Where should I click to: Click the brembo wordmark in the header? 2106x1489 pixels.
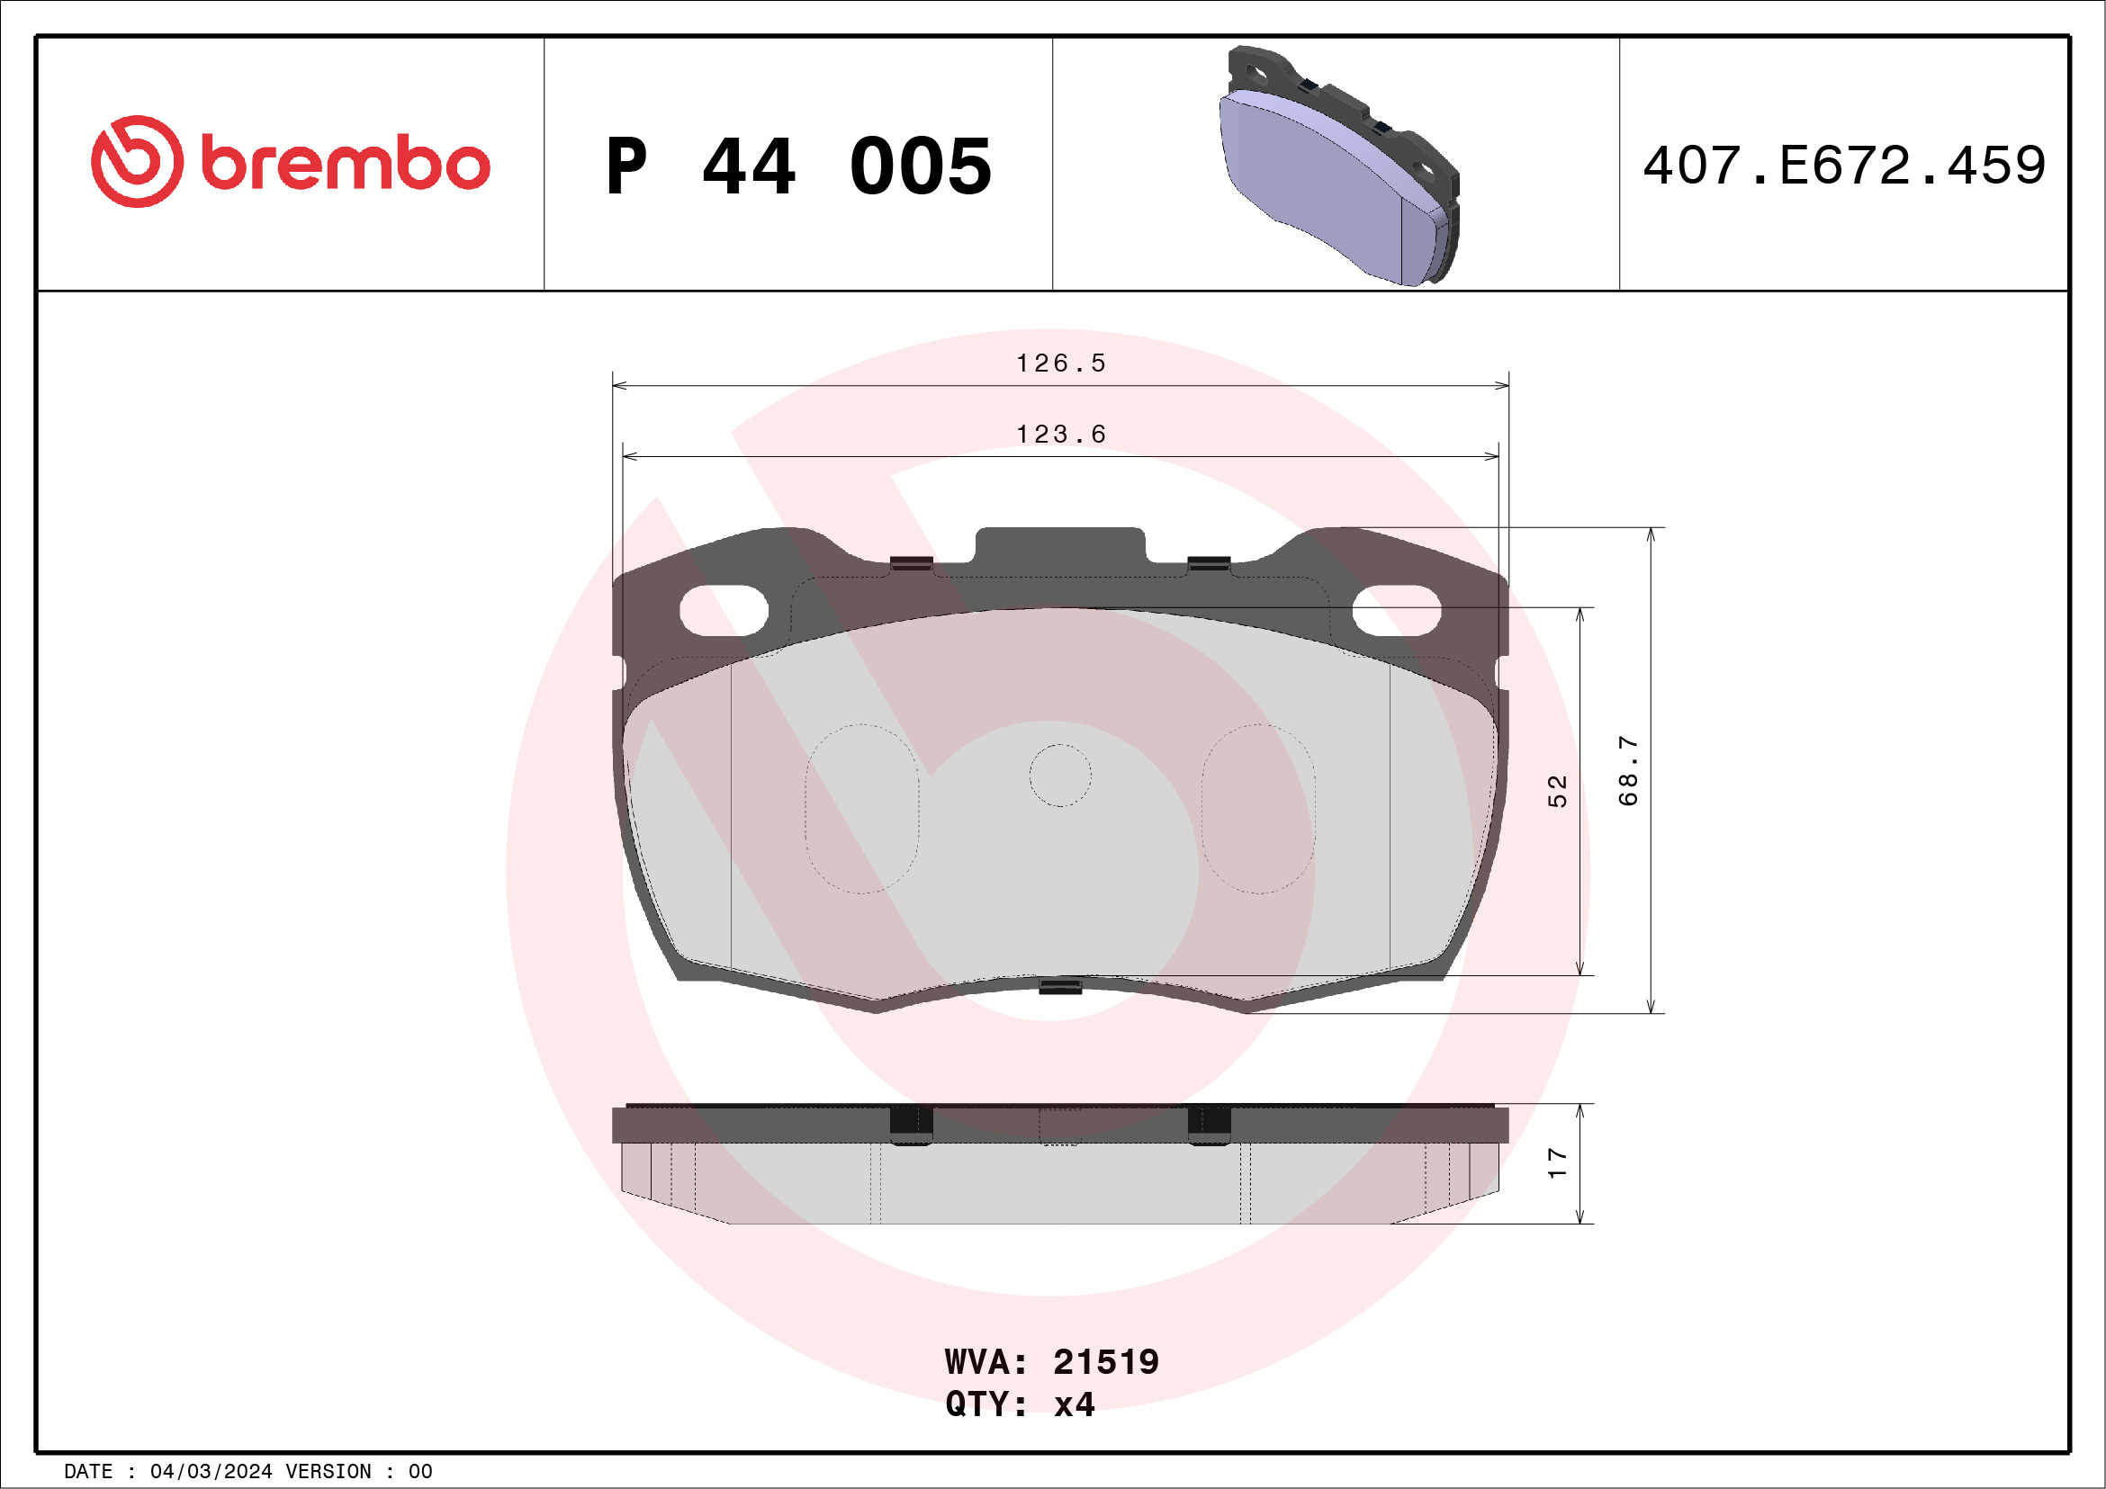[345, 163]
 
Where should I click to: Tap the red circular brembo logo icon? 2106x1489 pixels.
[137, 161]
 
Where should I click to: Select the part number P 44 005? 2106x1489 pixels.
[798, 166]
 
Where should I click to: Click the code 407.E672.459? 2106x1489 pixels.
[1844, 166]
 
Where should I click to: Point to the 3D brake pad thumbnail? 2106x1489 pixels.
[1338, 166]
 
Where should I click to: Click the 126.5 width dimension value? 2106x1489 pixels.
[1060, 364]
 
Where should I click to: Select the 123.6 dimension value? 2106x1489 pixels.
[1060, 435]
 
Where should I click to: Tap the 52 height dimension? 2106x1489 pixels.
[1557, 790]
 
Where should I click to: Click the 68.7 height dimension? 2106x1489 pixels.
[1627, 770]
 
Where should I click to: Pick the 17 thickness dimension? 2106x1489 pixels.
[1557, 1162]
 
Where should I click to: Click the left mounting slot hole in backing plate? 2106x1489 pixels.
[723, 611]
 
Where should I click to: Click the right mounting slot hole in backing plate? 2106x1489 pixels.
[1396, 611]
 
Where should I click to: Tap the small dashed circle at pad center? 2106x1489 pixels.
[1059, 776]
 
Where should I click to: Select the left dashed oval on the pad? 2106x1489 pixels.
[861, 809]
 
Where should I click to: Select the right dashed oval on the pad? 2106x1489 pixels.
[1258, 809]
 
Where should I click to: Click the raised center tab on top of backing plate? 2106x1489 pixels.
[1059, 545]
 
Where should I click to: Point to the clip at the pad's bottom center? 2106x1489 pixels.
[1059, 987]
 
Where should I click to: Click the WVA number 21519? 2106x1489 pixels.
[1105, 1362]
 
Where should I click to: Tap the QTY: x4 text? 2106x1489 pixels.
[1019, 1404]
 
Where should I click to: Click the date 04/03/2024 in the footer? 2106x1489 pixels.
[211, 1472]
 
